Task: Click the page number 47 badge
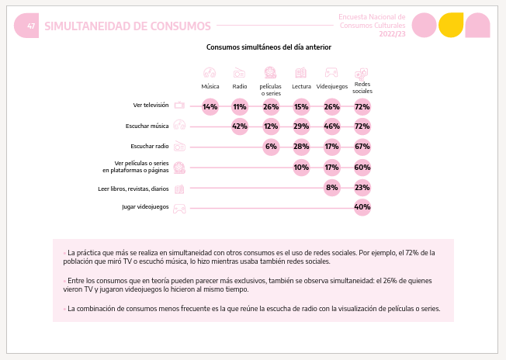[x=26, y=26]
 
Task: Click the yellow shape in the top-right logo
[x=451, y=25]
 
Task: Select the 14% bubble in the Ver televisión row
[x=210, y=107]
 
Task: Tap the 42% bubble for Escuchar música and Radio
[x=240, y=126]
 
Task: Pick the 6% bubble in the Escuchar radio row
[x=271, y=147]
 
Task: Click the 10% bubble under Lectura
[x=301, y=168]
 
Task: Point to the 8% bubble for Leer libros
[x=331, y=188]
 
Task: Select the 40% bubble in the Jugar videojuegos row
[x=362, y=207]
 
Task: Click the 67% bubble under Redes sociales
[x=362, y=147]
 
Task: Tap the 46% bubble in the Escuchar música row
[x=331, y=126]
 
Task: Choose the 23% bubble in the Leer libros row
[x=362, y=188]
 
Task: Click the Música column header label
[x=210, y=86]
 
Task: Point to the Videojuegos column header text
[x=331, y=86]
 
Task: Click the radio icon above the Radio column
[x=240, y=73]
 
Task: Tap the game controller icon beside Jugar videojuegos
[x=179, y=209]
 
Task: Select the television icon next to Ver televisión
[x=179, y=106]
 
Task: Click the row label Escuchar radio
[x=150, y=146]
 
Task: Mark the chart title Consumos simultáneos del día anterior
[x=269, y=47]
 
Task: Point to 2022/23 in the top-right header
[x=392, y=34]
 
